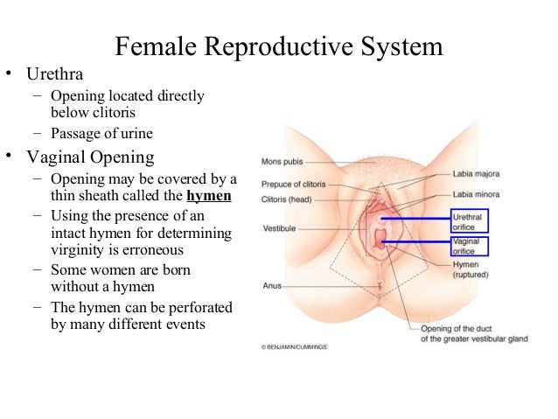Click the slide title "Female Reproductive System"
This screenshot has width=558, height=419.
[279, 45]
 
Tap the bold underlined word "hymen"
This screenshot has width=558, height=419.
[210, 195]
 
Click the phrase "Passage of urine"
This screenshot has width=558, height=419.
[102, 134]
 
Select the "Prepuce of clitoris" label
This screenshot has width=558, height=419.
[293, 185]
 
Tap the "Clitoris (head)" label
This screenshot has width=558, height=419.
[288, 199]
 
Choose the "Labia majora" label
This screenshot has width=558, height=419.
[475, 173]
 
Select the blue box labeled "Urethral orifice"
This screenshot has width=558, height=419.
[470, 220]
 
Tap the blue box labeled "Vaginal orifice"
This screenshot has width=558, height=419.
[470, 245]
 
